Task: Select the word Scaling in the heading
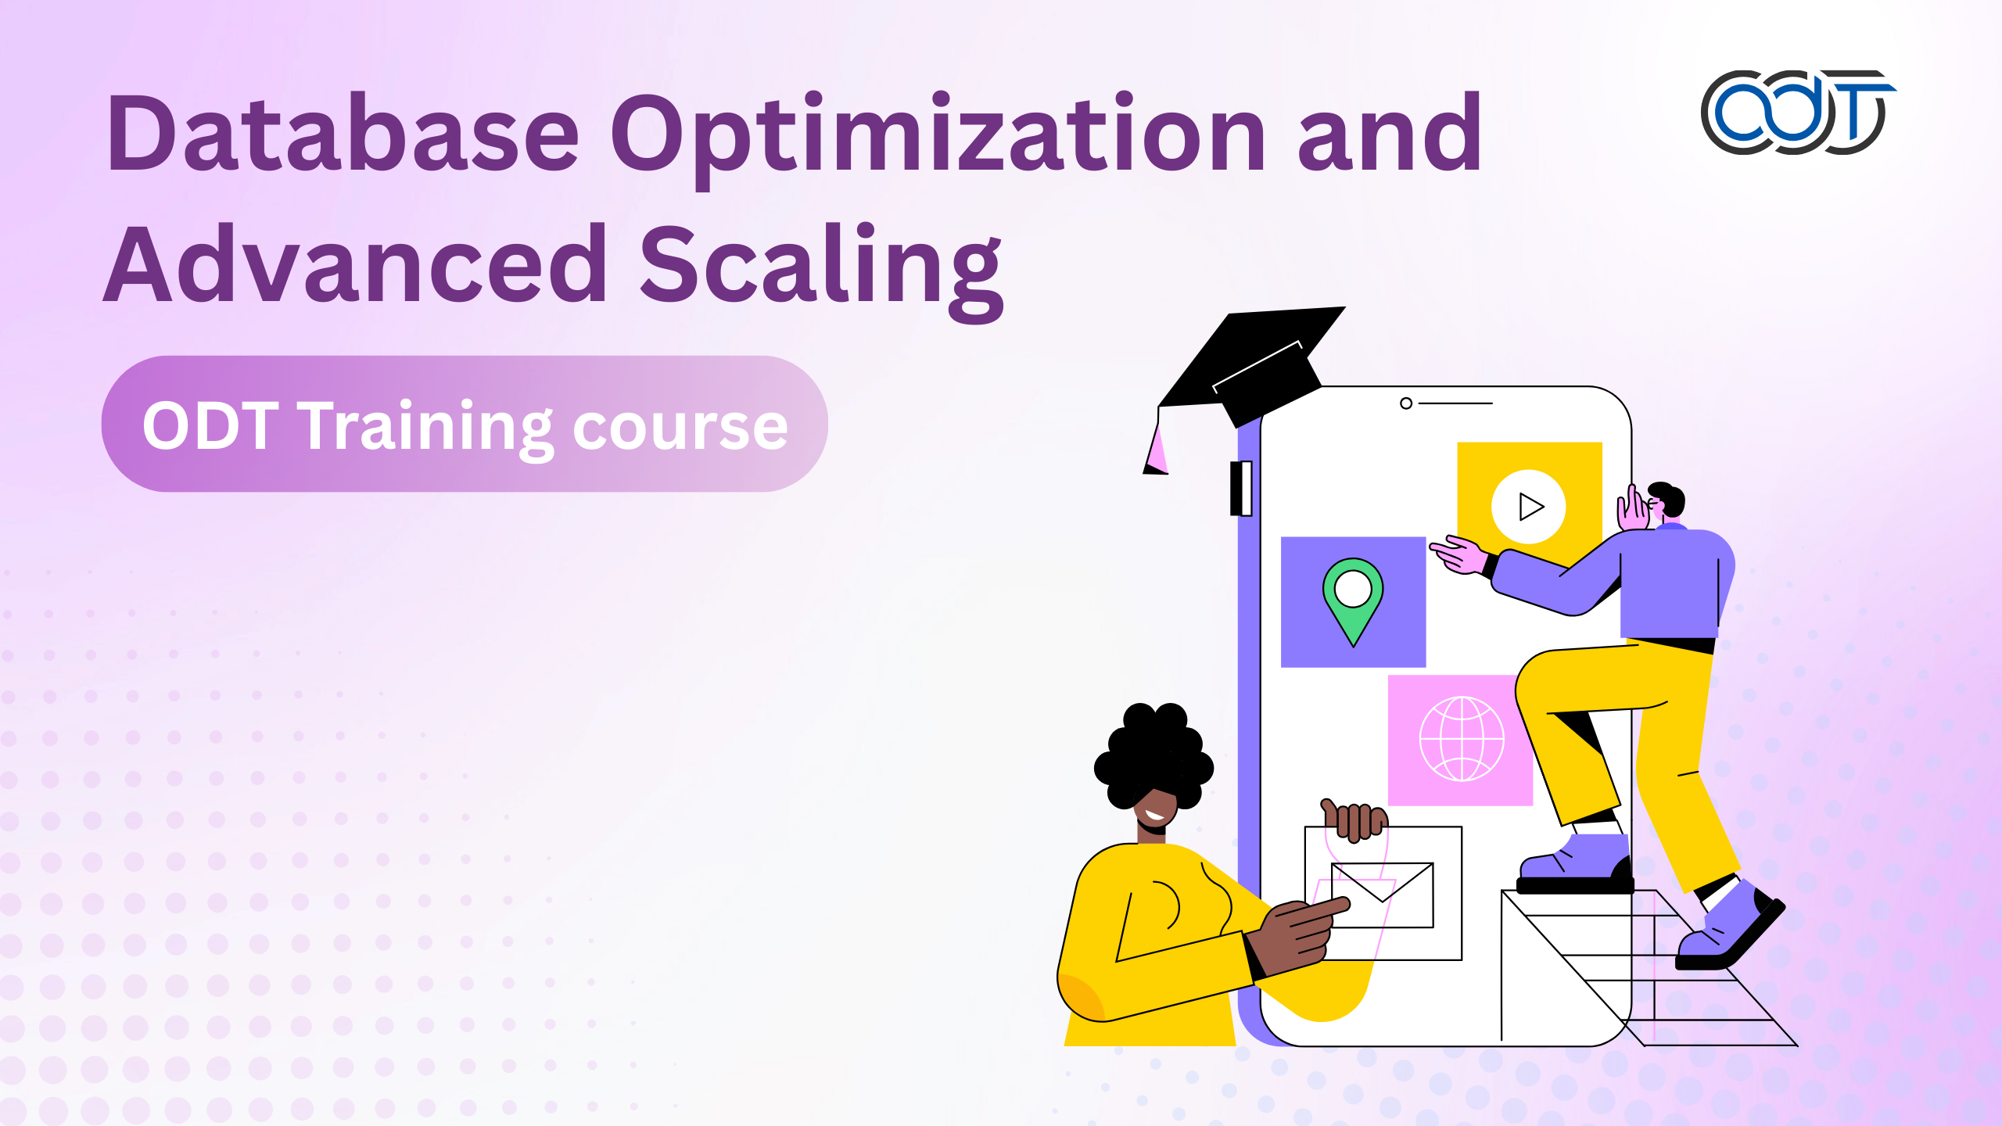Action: tap(821, 270)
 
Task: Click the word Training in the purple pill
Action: tap(429, 428)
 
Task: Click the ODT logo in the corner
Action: tap(1798, 112)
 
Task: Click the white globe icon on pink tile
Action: tap(1461, 739)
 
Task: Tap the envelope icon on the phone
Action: tap(1382, 895)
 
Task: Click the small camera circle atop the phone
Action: tap(1406, 403)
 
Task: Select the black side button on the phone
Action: tap(1241, 489)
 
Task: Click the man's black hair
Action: tap(1668, 497)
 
